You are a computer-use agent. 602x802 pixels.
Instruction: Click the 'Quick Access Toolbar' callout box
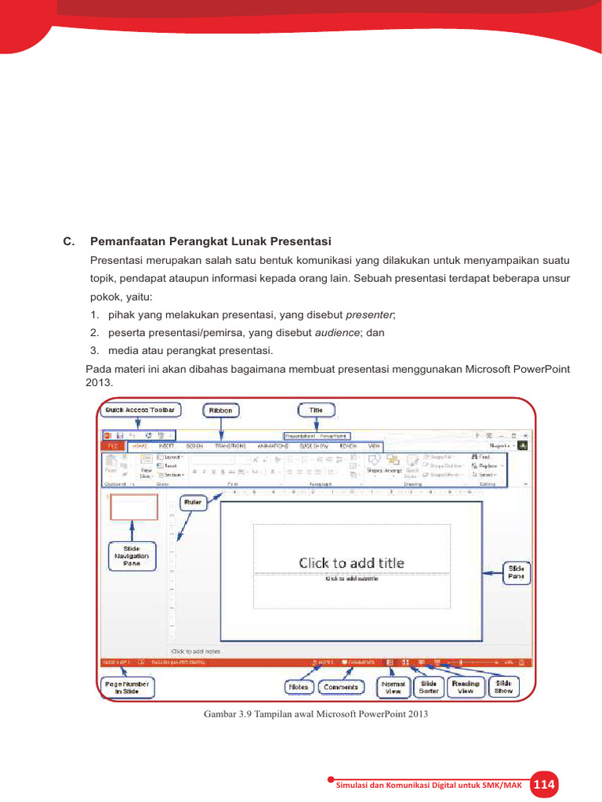click(141, 410)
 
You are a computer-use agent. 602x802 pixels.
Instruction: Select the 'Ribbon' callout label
click(221, 410)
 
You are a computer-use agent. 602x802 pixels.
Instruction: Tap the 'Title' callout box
click(316, 410)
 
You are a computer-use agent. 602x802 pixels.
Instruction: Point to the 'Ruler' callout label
click(193, 500)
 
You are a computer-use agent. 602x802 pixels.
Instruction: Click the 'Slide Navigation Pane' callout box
click(131, 555)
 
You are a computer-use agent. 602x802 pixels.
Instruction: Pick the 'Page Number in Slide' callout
click(128, 687)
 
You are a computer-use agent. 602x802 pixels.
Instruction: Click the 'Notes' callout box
click(298, 687)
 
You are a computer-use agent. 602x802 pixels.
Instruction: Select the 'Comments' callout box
click(340, 687)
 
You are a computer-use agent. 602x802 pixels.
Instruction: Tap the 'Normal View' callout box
click(393, 687)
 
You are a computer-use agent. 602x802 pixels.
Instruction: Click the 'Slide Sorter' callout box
click(429, 687)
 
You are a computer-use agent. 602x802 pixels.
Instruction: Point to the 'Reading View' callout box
click(466, 687)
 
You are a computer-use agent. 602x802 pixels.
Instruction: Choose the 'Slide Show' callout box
click(503, 687)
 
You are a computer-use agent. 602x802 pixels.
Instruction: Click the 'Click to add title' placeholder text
click(351, 562)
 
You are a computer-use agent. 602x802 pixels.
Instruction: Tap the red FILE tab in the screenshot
click(112, 445)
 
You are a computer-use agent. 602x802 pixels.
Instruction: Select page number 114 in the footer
click(543, 785)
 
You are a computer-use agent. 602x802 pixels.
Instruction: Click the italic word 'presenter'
click(370, 315)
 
